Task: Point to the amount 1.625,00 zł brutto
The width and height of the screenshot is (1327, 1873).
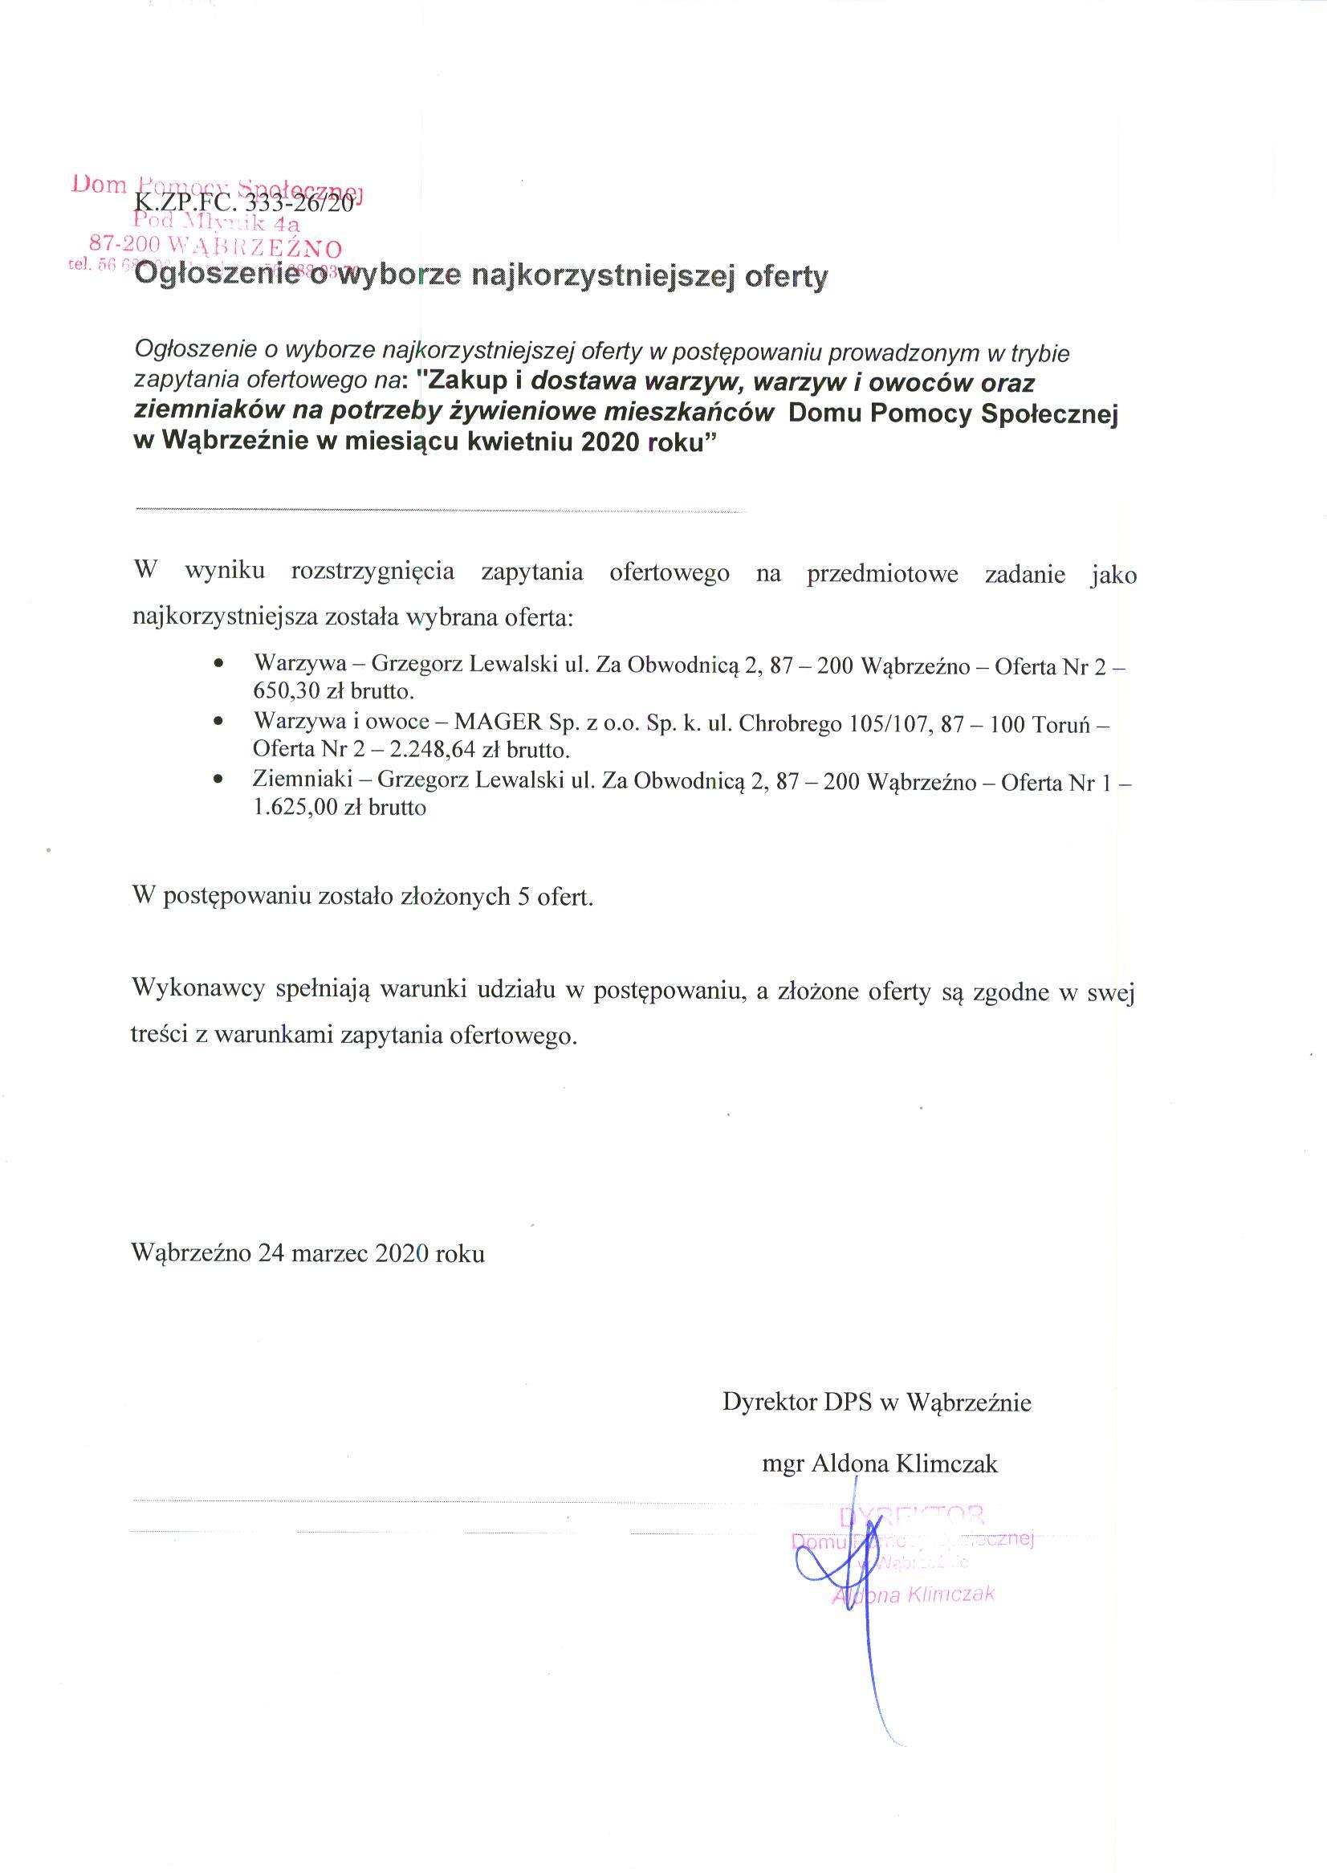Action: click(x=340, y=808)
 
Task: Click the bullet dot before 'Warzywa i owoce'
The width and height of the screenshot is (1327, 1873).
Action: click(x=218, y=724)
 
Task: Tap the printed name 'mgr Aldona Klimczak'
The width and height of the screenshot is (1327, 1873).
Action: click(x=879, y=1464)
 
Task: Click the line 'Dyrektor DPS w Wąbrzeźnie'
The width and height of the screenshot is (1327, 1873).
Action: click(x=877, y=1403)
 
